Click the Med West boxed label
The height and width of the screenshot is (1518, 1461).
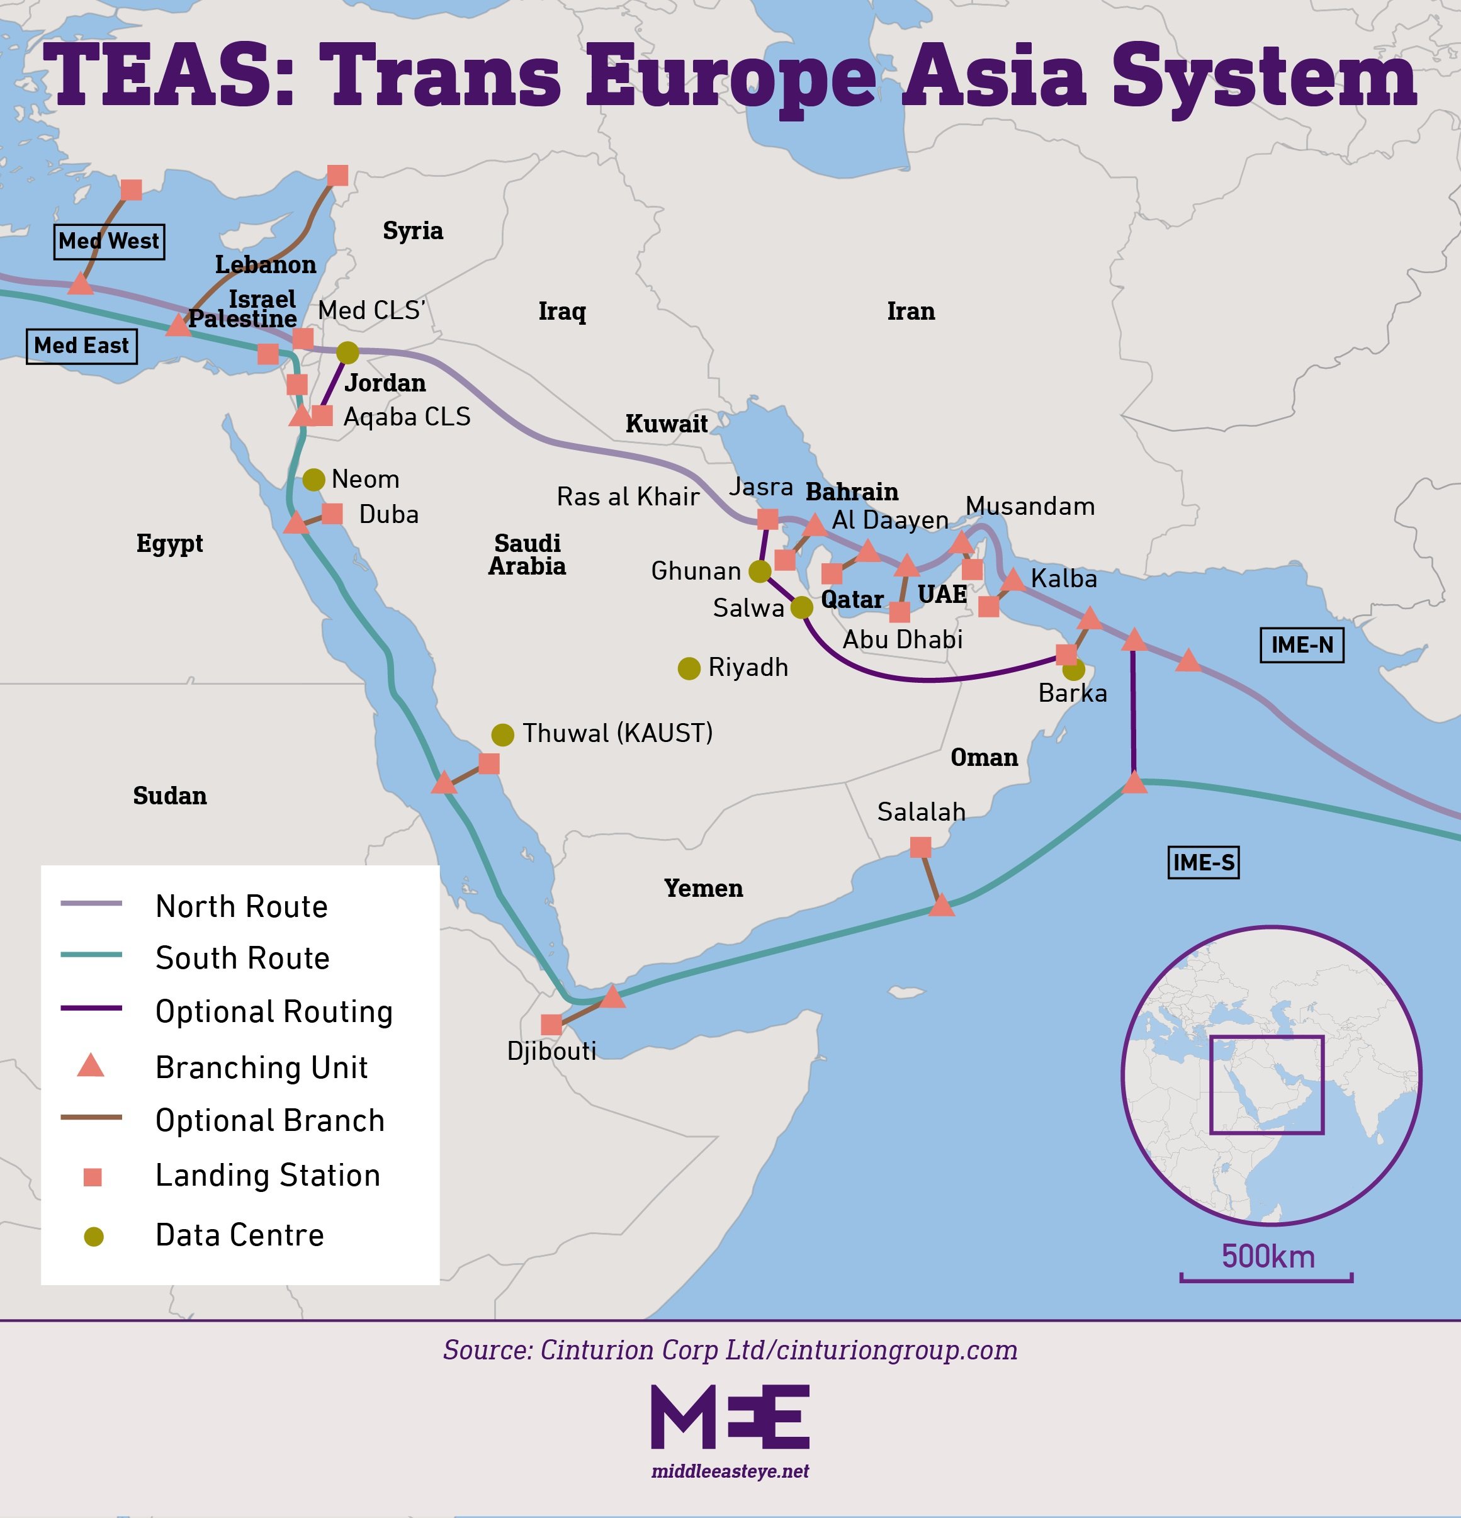pos(110,242)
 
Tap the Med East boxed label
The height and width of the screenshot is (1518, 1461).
pos(81,346)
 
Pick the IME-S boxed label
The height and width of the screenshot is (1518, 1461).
pos(1203,862)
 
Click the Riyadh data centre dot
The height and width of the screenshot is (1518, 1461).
pos(689,668)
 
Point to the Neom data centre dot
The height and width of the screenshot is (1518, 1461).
pos(313,480)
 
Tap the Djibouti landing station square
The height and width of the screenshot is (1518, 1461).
pos(551,1025)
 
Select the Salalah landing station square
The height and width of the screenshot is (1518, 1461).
pos(920,847)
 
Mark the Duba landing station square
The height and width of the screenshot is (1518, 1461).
pos(332,514)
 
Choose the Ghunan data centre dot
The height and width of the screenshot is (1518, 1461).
pos(760,571)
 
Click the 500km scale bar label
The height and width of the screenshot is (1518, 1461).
pos(1268,1256)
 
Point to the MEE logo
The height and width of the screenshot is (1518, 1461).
pos(730,1417)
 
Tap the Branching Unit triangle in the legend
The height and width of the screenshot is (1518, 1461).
pos(91,1067)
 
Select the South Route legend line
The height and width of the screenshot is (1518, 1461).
pos(91,955)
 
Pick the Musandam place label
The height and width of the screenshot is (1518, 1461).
pos(1030,507)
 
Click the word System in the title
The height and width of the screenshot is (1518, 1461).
pos(1263,76)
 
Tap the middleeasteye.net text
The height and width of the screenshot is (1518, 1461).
pos(730,1471)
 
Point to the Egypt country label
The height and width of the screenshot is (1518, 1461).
pos(170,544)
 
